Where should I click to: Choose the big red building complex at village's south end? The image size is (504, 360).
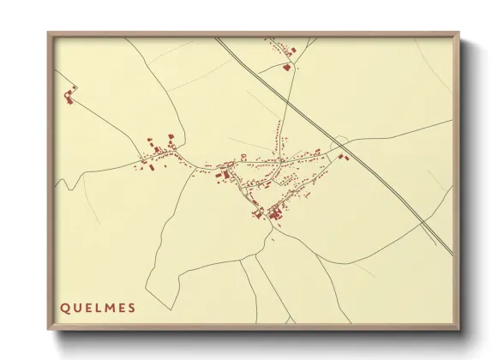tap(276, 214)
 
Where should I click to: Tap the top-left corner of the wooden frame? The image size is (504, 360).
tap(49, 33)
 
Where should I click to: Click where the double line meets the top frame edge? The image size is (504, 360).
tap(216, 38)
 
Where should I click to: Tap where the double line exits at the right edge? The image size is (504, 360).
tap(452, 254)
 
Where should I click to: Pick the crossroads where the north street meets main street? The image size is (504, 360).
tap(278, 159)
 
